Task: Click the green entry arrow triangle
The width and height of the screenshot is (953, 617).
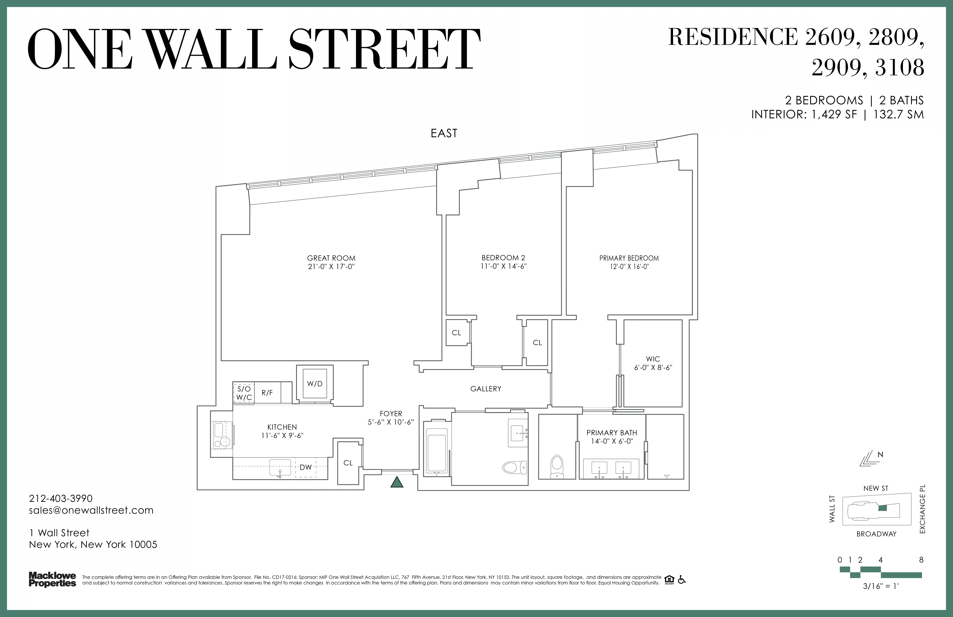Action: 397,482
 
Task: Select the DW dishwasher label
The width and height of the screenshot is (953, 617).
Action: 306,467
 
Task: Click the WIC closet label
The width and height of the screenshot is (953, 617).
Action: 653,359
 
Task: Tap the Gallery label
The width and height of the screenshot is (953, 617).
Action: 486,389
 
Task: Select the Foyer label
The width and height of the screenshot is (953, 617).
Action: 391,413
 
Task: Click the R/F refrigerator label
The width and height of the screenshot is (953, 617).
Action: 267,393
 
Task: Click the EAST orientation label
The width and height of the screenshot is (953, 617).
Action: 444,133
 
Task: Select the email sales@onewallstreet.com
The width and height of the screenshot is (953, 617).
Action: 91,510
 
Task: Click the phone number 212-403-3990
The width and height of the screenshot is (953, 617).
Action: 61,498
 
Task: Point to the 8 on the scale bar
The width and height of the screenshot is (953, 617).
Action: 921,560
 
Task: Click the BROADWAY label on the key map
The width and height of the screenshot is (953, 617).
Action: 876,534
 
